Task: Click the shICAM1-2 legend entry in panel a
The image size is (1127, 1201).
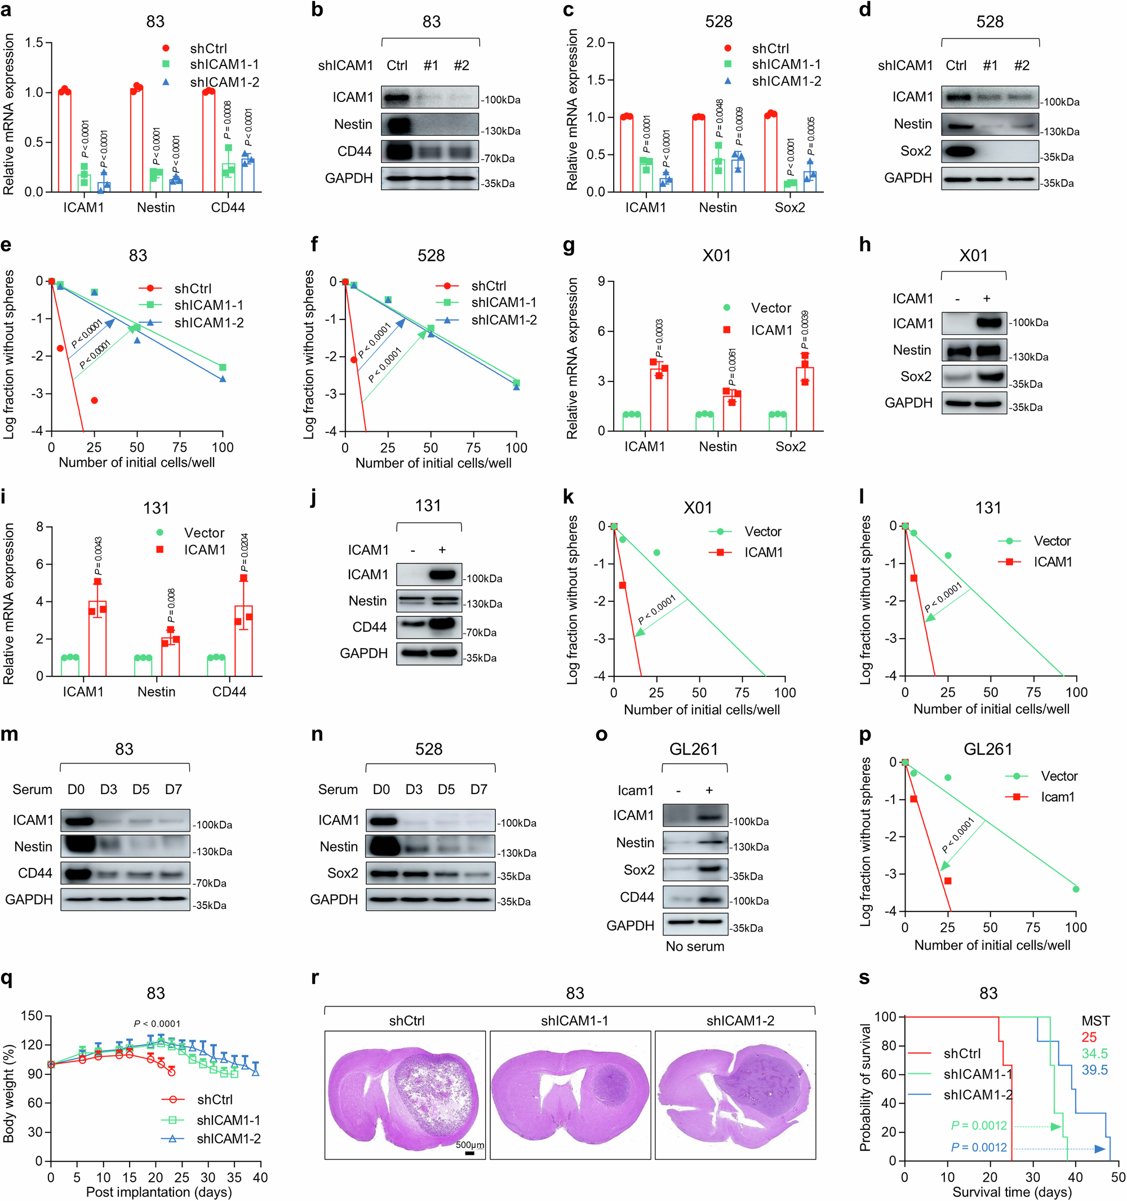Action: [x=224, y=82]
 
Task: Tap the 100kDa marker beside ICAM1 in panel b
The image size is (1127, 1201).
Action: [x=502, y=100]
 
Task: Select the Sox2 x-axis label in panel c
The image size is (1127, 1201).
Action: [x=789, y=208]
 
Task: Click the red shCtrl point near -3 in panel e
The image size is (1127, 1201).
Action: [x=94, y=401]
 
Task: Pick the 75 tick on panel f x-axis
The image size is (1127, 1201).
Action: [x=473, y=448]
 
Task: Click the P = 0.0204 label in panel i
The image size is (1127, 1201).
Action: [x=244, y=553]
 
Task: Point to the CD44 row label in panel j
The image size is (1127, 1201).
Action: [x=369, y=628]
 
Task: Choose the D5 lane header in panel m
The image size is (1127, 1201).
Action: [x=141, y=790]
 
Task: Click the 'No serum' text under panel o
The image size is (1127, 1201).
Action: [x=695, y=947]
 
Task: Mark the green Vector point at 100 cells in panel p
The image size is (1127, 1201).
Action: [x=1076, y=889]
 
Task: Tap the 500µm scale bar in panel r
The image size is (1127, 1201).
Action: [x=469, y=1153]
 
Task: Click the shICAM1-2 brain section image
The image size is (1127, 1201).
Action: [x=735, y=1094]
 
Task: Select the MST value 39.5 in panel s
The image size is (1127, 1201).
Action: [x=1094, y=1070]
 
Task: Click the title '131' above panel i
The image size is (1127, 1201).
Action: [x=156, y=508]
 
